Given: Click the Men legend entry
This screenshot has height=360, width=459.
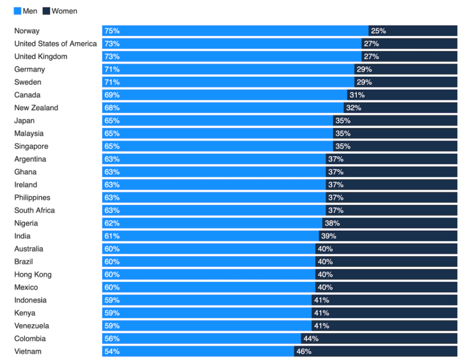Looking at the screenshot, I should (25, 11).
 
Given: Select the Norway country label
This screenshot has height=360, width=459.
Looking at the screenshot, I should (27, 31).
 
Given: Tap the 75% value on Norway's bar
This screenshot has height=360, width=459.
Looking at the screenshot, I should (112, 31).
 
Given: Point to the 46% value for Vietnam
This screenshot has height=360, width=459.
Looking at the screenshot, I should (303, 351).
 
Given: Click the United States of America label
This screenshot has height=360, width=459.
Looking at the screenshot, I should (56, 44).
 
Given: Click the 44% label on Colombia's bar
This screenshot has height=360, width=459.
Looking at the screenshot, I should (310, 338).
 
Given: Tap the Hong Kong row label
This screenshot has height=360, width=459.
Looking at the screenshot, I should (33, 275).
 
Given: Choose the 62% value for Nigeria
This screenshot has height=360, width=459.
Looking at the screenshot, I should (112, 223).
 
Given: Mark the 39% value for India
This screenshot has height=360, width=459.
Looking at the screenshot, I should (328, 236).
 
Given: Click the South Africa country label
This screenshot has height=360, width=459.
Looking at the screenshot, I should (35, 210).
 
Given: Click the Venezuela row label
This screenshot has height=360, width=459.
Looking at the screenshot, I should (32, 326).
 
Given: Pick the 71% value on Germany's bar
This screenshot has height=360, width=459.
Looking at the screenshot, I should (112, 69).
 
